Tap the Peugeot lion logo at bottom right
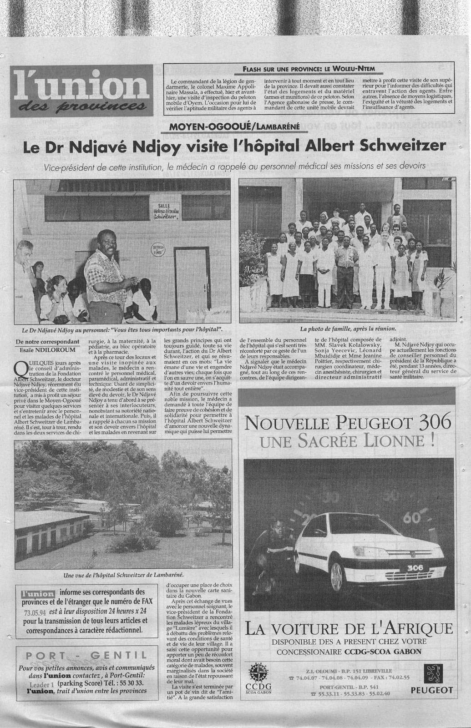432,673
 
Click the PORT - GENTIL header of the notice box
86,655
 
